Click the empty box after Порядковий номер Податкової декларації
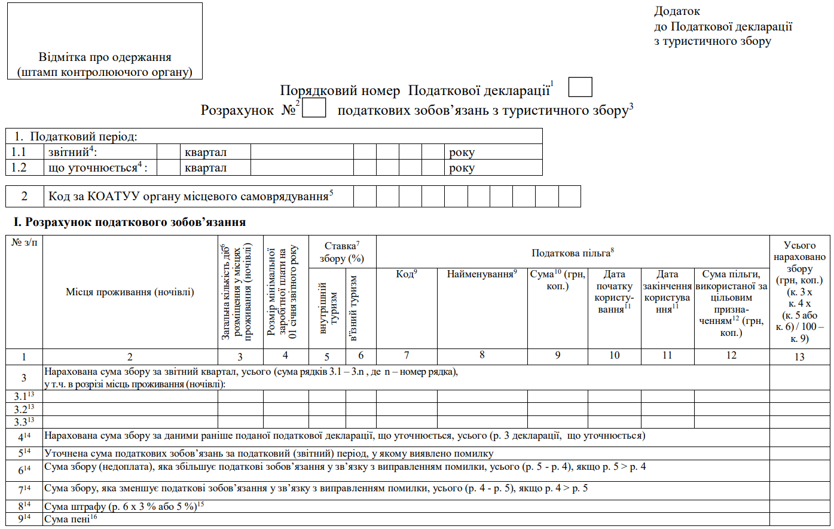(x=580, y=87)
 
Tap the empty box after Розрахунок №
(x=314, y=108)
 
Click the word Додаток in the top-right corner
(x=677, y=11)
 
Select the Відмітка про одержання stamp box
(x=105, y=41)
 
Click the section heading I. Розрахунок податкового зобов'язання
(x=130, y=222)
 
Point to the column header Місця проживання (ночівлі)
(x=130, y=292)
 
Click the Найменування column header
(x=482, y=274)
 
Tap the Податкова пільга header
(x=573, y=253)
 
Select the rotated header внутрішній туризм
(x=328, y=308)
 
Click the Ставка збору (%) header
(x=342, y=252)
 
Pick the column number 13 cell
(x=799, y=357)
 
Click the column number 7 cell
(x=407, y=356)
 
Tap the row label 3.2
(x=24, y=409)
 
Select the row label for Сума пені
(x=24, y=519)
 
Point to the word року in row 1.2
(x=462, y=168)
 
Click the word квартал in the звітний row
(x=206, y=152)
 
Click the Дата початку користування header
(x=614, y=292)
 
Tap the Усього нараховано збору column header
(x=799, y=292)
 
